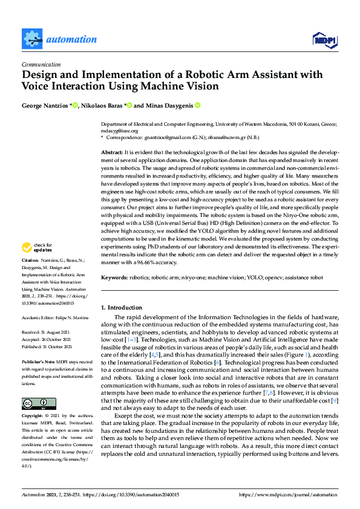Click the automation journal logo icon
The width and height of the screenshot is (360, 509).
click(31, 39)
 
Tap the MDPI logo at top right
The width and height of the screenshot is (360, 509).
click(324, 41)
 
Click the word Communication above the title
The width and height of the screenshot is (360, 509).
click(41, 64)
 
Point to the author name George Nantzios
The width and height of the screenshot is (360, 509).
click(45, 105)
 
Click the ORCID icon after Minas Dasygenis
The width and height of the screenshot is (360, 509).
click(197, 105)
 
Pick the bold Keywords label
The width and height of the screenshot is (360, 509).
click(114, 277)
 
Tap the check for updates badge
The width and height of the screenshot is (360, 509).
click(37, 247)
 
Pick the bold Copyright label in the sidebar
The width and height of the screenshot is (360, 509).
click(32, 417)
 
